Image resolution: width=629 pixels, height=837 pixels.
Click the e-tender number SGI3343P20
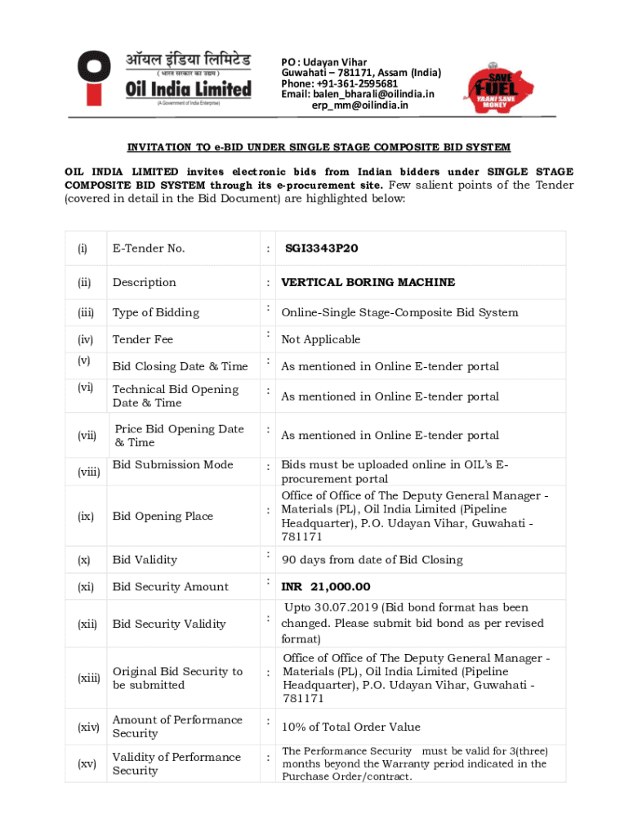(x=322, y=248)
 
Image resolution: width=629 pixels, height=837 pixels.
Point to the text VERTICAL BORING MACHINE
(x=368, y=282)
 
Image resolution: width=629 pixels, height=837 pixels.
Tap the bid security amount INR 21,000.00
(x=326, y=586)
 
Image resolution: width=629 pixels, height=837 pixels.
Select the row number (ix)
(x=86, y=517)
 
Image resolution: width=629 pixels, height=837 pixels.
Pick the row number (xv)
(x=87, y=763)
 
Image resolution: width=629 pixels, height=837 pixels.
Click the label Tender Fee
(x=143, y=339)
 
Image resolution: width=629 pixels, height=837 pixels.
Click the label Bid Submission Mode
(x=173, y=464)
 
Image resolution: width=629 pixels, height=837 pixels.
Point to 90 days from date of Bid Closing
(x=372, y=560)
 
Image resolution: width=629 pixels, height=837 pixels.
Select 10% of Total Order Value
(x=351, y=727)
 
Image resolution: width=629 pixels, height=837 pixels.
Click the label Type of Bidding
(x=156, y=312)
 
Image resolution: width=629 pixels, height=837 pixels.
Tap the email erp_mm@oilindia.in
(x=360, y=105)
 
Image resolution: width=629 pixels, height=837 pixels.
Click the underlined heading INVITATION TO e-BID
(x=319, y=147)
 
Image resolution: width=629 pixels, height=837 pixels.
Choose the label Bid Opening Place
(x=163, y=516)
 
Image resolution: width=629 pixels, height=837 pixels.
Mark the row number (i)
(x=83, y=248)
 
